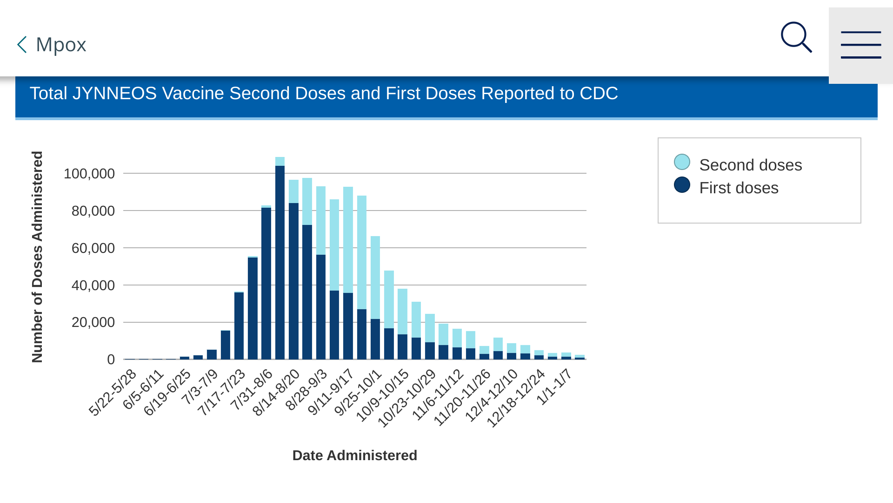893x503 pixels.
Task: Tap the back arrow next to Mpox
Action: point(22,45)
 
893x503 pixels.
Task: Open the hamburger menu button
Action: point(861,45)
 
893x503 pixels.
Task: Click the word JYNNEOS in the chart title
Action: point(114,93)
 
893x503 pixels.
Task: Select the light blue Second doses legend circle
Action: point(682,162)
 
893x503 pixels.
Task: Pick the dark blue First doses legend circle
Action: point(682,185)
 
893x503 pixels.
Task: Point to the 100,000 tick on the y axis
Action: point(89,174)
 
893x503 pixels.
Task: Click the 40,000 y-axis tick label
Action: point(93,285)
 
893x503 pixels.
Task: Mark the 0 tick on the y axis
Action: point(111,360)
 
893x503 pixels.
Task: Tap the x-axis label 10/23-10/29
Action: point(407,398)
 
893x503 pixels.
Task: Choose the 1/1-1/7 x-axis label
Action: point(553,387)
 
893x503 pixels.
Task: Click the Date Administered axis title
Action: point(355,455)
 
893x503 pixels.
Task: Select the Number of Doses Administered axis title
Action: point(37,257)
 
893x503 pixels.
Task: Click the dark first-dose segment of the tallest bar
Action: point(280,262)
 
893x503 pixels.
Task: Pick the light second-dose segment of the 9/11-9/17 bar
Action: point(348,240)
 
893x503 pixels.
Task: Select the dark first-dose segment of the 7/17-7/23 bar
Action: point(239,326)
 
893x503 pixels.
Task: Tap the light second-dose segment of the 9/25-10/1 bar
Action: point(375,278)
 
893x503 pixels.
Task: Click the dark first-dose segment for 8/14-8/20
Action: point(293,281)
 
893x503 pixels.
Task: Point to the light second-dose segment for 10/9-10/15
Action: point(402,312)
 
